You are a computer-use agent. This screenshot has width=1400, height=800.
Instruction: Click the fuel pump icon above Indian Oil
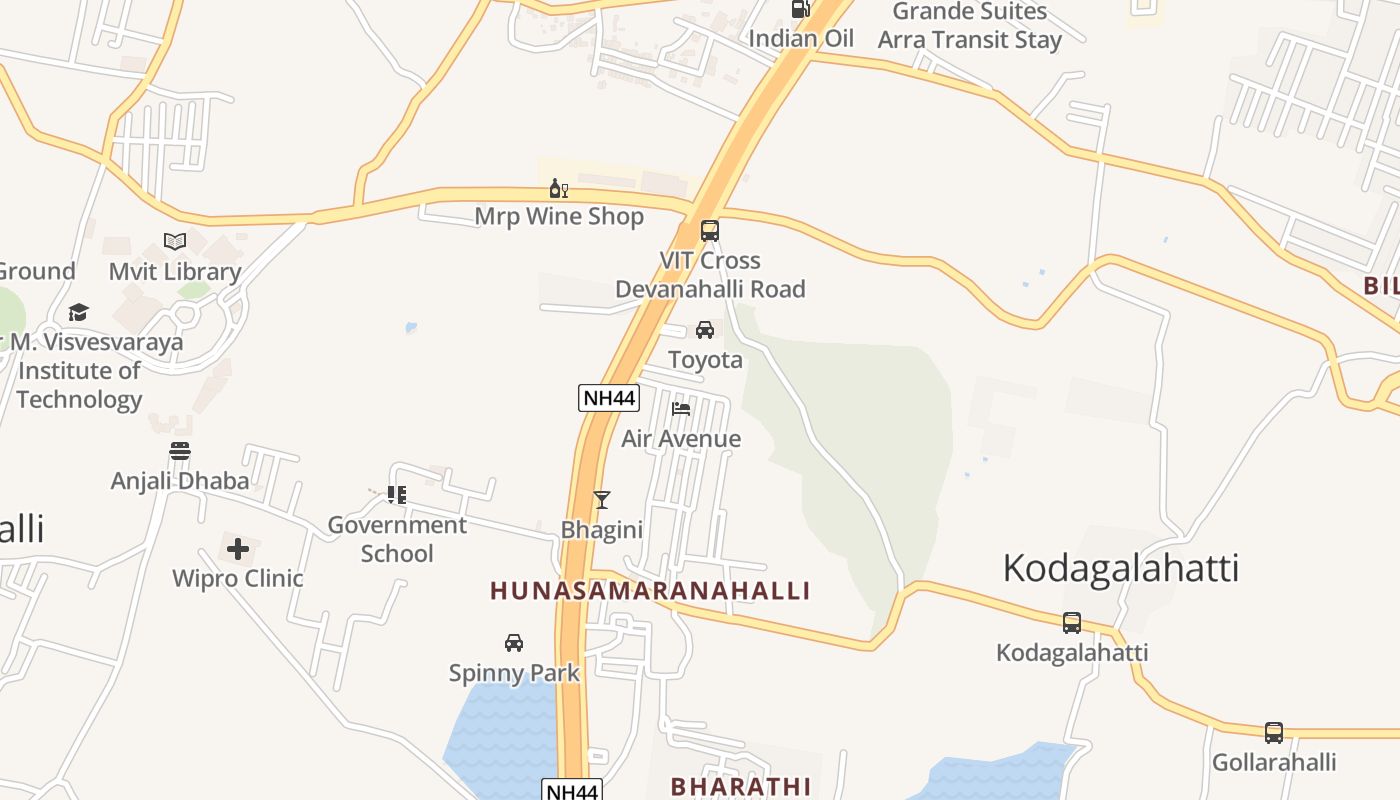(x=800, y=9)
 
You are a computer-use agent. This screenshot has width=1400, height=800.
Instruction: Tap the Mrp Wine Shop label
(x=559, y=216)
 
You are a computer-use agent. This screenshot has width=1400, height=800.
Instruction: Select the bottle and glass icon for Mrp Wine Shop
(x=559, y=188)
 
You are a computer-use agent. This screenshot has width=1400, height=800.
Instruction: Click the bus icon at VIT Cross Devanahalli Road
(x=710, y=231)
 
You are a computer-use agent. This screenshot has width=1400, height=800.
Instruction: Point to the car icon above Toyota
(x=705, y=330)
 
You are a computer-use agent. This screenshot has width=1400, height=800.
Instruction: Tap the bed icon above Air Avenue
(x=681, y=409)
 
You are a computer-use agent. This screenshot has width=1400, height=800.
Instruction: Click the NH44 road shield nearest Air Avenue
(x=608, y=398)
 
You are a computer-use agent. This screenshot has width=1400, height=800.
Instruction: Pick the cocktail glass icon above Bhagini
(x=601, y=500)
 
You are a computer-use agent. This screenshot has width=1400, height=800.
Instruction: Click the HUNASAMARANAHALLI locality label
(x=650, y=591)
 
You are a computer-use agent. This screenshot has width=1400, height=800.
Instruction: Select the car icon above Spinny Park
(x=514, y=643)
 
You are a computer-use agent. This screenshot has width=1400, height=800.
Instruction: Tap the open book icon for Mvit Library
(x=175, y=242)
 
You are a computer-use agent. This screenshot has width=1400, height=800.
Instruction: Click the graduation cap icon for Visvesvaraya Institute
(x=78, y=313)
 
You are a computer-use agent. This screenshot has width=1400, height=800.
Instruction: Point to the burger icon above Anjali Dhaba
(x=180, y=452)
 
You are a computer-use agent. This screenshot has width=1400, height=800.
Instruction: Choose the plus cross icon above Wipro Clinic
(x=238, y=549)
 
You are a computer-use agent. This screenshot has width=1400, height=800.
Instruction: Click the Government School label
(x=397, y=539)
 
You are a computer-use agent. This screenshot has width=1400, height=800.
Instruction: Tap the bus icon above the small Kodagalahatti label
(x=1072, y=623)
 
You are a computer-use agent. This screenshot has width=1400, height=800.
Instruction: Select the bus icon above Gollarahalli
(x=1274, y=733)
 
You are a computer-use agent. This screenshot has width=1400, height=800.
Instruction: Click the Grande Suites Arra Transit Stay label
(x=969, y=26)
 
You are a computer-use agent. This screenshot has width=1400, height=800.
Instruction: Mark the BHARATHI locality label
(x=741, y=786)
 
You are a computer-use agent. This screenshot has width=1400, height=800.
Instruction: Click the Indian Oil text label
(x=801, y=39)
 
